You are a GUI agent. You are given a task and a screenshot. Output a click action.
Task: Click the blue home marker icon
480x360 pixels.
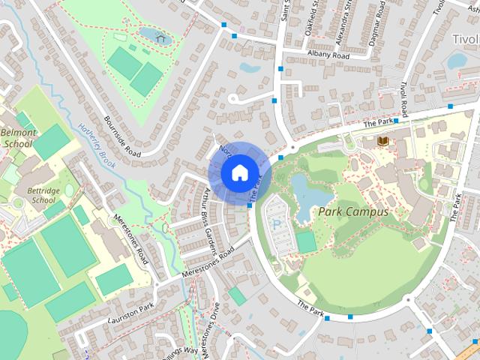[x=238, y=172]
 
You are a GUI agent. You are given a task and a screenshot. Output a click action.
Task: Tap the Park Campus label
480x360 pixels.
[x=354, y=212]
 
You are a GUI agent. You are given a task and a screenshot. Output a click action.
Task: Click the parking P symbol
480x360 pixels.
[x=277, y=224]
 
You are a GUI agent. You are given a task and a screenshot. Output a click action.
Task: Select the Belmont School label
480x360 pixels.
[x=19, y=138]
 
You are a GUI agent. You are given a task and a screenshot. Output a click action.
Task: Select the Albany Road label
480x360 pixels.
[x=328, y=55]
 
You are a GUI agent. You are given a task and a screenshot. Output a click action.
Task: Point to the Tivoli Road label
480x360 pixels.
[x=403, y=100]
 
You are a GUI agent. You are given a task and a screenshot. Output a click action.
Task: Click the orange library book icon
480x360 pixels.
[x=382, y=141]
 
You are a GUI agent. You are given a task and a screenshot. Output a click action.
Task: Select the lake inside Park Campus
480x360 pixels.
[x=308, y=196]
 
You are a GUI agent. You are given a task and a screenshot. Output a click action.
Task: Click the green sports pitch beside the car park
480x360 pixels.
[x=306, y=241]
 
